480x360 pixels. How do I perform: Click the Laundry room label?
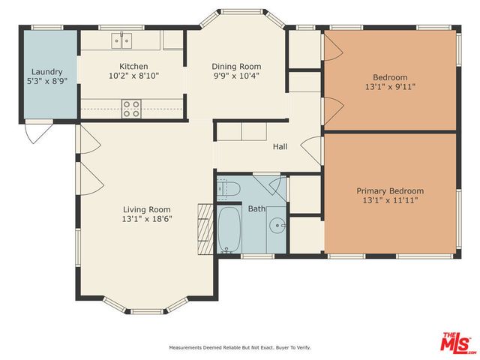(x=48, y=72)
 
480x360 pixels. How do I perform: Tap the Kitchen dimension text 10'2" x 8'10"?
(x=134, y=76)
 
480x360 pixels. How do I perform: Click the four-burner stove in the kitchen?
(x=132, y=109)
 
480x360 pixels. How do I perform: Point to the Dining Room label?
(x=235, y=66)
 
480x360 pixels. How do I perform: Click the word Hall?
(x=280, y=146)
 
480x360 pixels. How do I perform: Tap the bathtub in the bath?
(x=230, y=229)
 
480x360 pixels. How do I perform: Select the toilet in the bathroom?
(x=227, y=189)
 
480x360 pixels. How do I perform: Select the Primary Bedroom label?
(x=389, y=190)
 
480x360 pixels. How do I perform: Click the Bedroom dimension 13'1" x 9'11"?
(x=389, y=87)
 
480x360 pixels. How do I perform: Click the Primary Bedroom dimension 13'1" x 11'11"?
(x=389, y=200)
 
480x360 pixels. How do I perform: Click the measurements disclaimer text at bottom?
(x=239, y=348)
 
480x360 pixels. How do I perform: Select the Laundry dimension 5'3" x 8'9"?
(x=48, y=82)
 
